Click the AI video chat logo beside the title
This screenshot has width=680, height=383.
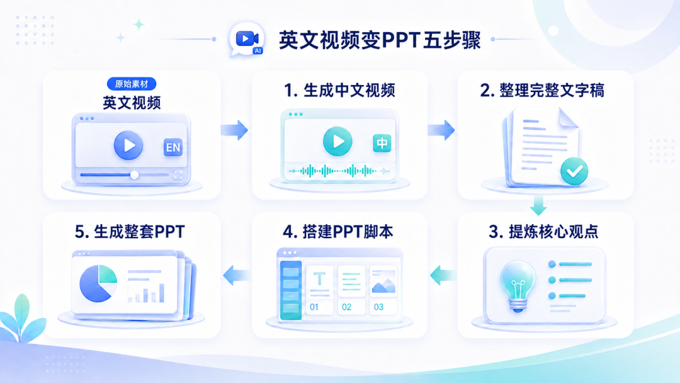point(246,40)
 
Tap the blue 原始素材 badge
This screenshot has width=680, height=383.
point(132,84)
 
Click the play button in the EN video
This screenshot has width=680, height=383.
point(128,146)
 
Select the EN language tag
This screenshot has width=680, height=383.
point(173,147)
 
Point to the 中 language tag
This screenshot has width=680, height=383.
point(382,143)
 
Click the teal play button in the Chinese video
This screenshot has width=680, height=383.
point(338,141)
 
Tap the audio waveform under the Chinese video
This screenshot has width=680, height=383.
point(339,171)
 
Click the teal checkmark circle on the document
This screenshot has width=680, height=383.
point(574,171)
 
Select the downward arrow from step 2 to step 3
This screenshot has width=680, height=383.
point(538,205)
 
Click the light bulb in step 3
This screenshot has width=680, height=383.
point(518,286)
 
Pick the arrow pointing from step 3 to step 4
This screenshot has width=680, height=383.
point(443,275)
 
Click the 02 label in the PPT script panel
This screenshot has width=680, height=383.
point(346,307)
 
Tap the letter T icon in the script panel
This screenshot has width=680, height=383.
point(319,279)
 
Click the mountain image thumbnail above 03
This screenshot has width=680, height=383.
point(383,281)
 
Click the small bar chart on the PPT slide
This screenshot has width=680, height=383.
point(145,293)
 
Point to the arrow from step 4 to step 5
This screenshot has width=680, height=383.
point(237,275)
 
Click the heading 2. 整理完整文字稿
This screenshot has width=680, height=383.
point(542,90)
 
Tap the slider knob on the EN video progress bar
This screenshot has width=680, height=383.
point(135,174)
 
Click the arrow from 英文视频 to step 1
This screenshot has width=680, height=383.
point(234,130)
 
